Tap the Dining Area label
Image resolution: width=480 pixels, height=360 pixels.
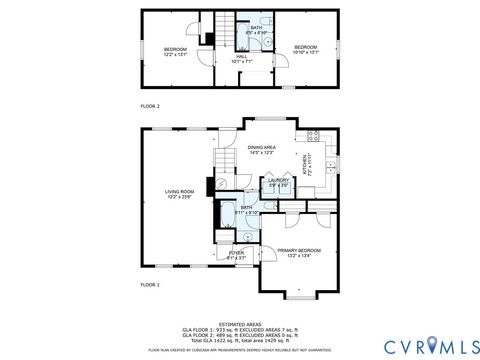pos(262,149)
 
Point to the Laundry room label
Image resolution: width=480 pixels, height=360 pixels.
pos(278,182)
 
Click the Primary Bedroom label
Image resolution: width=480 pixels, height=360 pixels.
pos(299,252)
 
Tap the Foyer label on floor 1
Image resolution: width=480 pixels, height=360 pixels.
pos(236,255)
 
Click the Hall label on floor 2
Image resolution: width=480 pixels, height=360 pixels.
pos(241,58)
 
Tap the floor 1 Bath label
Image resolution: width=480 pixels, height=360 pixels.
pos(246,210)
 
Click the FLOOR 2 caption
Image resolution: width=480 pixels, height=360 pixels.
pos(150,105)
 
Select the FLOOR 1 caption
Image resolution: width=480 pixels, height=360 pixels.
pos(150,285)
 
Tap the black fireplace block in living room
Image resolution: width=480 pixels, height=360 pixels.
pos(208,186)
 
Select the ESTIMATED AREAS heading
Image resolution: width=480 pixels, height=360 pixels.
pos(239,323)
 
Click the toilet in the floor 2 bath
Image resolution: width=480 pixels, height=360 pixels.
pos(266,22)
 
